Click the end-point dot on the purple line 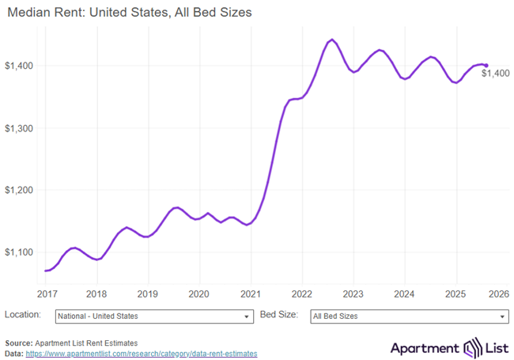pyautogui.click(x=486, y=66)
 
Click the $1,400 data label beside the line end pyautogui.click(x=496, y=74)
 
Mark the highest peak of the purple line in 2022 pyautogui.click(x=331, y=39)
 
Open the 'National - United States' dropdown pyautogui.click(x=153, y=316)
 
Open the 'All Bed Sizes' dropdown pyautogui.click(x=409, y=316)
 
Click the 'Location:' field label pyautogui.click(x=24, y=315)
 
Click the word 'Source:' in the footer pyautogui.click(x=18, y=343)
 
